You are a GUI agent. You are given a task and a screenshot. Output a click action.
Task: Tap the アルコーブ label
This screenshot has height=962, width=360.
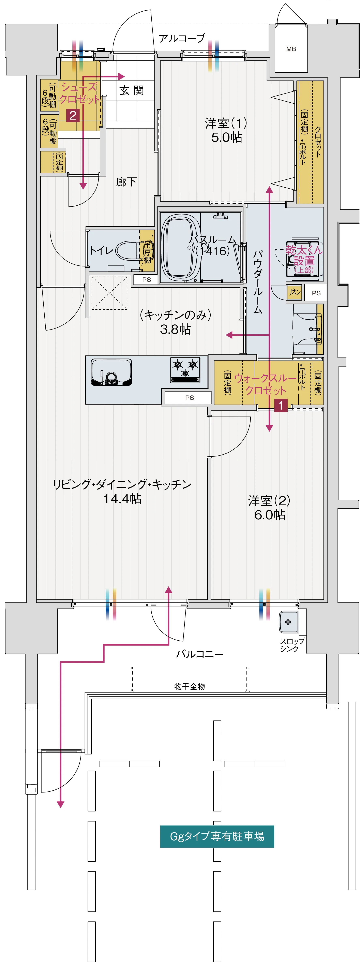coord(182,38)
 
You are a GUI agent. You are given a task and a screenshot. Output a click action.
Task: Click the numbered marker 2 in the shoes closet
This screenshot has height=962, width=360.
coord(73,115)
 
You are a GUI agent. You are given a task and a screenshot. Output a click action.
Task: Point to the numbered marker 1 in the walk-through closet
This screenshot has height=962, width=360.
coord(281,405)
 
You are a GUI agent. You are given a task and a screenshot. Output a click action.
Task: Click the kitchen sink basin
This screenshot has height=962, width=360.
coord(111,372)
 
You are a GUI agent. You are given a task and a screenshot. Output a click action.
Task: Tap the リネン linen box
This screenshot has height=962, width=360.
coord(294,292)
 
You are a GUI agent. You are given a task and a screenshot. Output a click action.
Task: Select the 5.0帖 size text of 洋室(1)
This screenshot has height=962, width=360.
coord(226,137)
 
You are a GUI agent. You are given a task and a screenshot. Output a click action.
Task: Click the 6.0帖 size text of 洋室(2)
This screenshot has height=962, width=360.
coord(270,515)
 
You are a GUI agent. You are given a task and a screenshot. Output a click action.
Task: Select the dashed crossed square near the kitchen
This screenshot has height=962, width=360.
coord(109,292)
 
